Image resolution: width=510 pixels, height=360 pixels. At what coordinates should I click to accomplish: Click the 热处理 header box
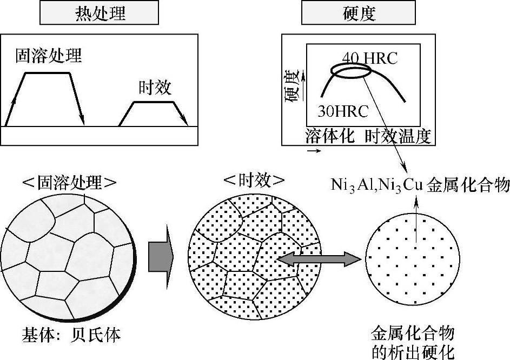99,14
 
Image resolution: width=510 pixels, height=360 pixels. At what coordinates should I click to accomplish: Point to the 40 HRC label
369,58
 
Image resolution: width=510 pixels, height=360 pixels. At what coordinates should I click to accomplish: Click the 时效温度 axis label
398,136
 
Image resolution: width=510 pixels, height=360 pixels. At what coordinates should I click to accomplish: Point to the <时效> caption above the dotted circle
254,180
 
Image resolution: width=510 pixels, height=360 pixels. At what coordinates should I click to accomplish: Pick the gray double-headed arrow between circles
319,260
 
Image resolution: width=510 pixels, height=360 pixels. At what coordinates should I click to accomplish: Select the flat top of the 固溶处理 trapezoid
47,73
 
